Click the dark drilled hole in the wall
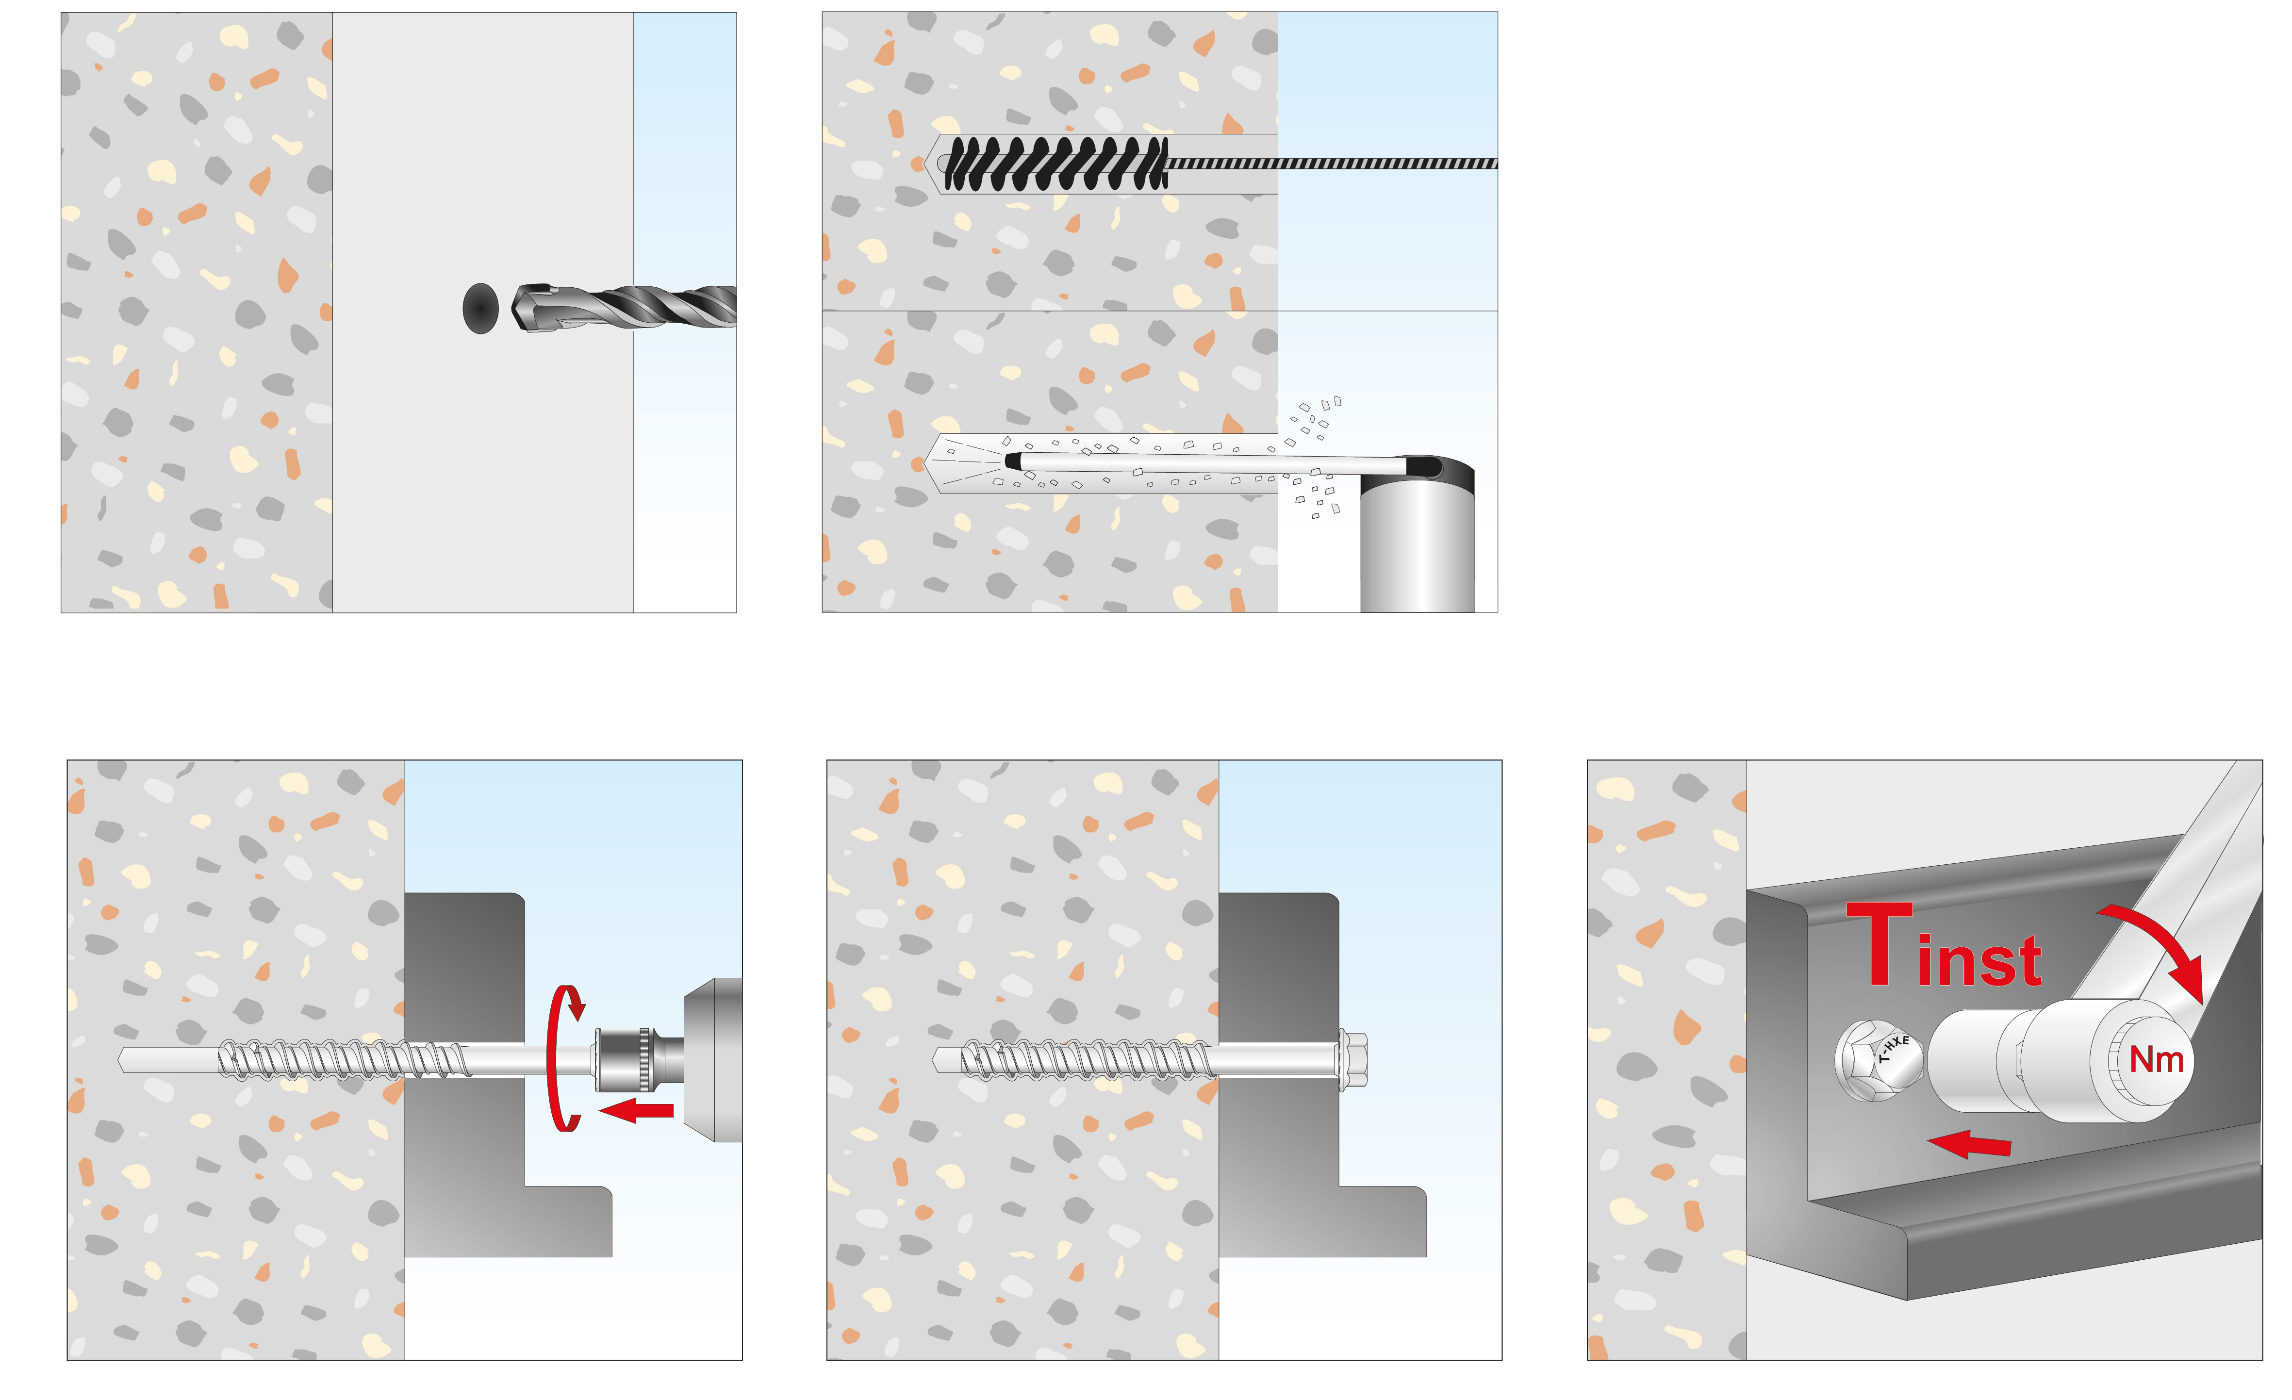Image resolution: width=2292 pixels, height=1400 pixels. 480,309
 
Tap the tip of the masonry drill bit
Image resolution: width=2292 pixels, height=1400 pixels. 514,309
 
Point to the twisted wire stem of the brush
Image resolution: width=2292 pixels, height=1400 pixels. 1332,164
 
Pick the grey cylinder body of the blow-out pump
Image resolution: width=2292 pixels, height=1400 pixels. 1417,544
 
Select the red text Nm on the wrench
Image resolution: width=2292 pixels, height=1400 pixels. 2156,1058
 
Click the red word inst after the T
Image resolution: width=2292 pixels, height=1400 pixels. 1979,960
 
